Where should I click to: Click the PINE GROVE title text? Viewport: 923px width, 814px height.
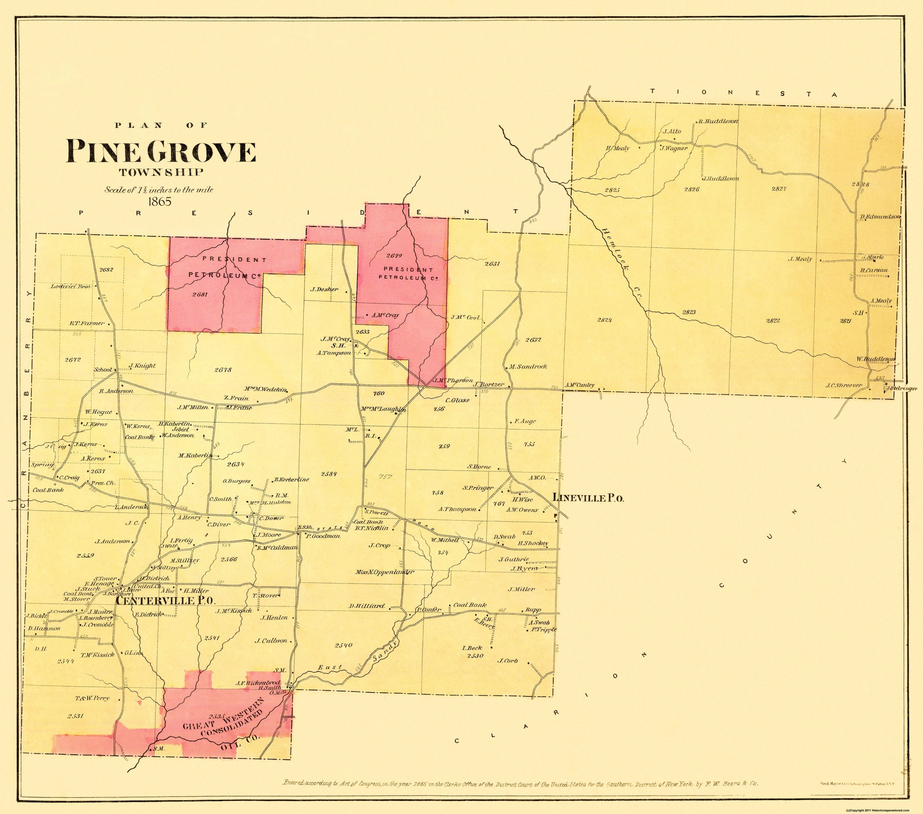(x=161, y=152)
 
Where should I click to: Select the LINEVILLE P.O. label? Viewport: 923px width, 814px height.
(x=588, y=498)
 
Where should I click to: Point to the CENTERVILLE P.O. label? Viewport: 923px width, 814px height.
(x=165, y=601)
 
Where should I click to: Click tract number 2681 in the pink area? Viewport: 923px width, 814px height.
(x=199, y=294)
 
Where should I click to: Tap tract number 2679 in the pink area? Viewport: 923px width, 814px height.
(x=394, y=256)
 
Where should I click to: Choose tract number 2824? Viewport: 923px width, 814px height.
(x=604, y=319)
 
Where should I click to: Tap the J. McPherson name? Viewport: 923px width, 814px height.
(x=454, y=380)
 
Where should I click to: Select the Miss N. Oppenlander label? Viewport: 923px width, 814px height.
(x=384, y=572)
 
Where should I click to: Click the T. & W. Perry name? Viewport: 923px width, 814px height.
(x=92, y=698)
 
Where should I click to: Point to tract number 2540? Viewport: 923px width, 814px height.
(x=344, y=645)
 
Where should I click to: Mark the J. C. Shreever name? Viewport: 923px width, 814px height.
(x=844, y=385)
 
